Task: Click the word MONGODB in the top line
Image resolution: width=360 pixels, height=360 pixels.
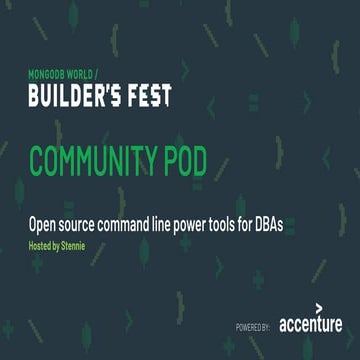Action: click(x=44, y=74)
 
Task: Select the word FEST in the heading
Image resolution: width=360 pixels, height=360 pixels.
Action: click(x=149, y=96)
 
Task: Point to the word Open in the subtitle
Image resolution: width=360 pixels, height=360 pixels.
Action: click(x=43, y=224)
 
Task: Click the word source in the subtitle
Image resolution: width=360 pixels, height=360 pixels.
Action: click(x=83, y=225)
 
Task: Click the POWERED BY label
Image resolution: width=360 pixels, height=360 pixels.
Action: click(x=255, y=326)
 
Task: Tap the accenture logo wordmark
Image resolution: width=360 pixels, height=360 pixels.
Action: click(x=310, y=324)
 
